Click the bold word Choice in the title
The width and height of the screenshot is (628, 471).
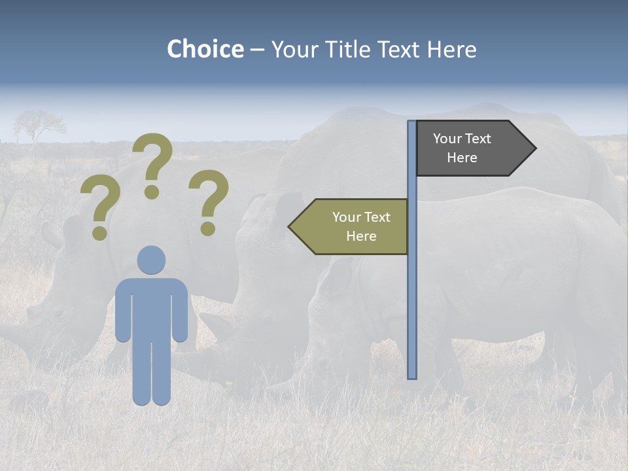[205, 49]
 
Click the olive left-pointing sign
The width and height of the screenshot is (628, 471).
[353, 226]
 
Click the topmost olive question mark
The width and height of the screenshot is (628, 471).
[153, 157]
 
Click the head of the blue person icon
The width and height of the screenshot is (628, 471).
[151, 260]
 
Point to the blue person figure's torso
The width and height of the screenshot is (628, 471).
[151, 307]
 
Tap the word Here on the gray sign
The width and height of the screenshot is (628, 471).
[462, 158]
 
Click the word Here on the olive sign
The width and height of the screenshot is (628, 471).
[361, 236]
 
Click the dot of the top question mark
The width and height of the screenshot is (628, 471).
[152, 192]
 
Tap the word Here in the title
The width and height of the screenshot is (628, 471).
[451, 49]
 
